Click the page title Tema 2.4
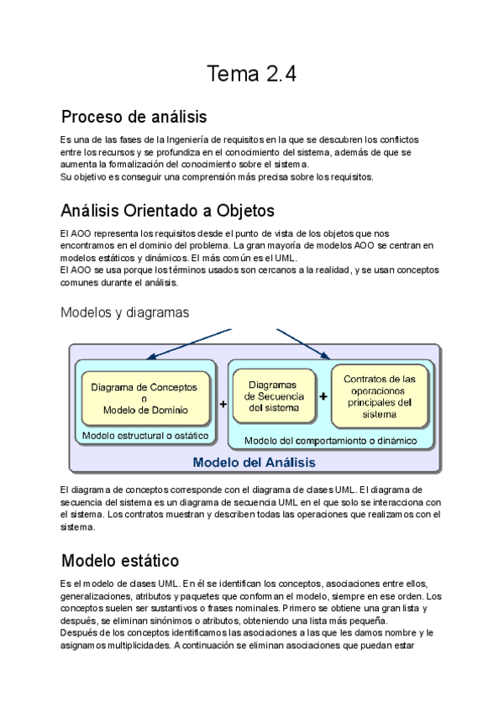pyautogui.click(x=251, y=75)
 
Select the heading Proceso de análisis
pyautogui.click(x=134, y=116)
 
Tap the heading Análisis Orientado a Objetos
pyautogui.click(x=167, y=210)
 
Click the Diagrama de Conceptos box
pyautogui.click(x=144, y=399)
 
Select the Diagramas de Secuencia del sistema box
pyautogui.click(x=273, y=396)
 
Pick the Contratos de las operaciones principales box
pyautogui.click(x=380, y=395)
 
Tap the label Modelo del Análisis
pyautogui.click(x=254, y=462)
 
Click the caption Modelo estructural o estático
pyautogui.click(x=145, y=435)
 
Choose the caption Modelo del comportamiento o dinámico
pyautogui.click(x=330, y=440)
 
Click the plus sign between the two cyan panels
pyautogui.click(x=223, y=404)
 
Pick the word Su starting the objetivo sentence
pyautogui.click(x=66, y=176)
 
